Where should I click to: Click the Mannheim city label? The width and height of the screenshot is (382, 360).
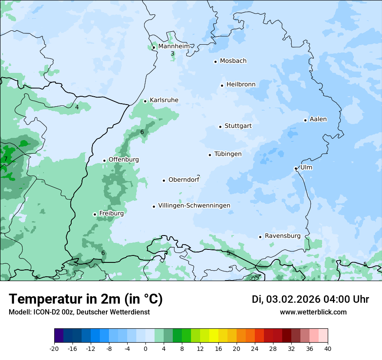pos(174,46)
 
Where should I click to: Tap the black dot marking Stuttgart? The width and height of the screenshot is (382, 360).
pos(220,127)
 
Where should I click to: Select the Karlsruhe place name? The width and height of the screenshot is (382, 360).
pos(164,100)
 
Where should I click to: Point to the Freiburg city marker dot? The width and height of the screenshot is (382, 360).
pos(95,214)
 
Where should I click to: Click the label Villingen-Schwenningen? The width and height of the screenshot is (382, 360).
pos(194,206)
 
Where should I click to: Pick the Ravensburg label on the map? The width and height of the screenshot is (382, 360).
pos(283,236)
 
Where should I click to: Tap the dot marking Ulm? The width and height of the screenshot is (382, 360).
pos(296,168)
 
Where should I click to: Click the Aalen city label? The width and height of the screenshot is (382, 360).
pos(318,119)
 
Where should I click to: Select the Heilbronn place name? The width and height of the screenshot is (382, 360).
pos(241,85)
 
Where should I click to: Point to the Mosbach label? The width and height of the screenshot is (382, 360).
pos(233,61)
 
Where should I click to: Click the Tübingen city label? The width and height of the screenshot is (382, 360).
pos(228,154)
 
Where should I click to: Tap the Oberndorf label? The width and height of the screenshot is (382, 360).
pos(184,180)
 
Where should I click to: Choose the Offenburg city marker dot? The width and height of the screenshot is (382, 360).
pos(104,160)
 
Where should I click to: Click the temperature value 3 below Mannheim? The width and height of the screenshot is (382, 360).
pos(172,54)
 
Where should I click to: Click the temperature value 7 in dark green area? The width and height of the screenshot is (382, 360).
pos(6,159)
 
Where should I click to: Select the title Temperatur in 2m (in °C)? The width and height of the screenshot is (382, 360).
pos(86,299)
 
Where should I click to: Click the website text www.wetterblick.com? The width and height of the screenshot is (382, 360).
pos(313,312)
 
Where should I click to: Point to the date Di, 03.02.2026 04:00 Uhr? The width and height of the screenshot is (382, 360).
pos(310,299)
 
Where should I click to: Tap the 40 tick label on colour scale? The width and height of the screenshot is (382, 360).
pos(328,348)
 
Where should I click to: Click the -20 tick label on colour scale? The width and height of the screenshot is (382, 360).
pos(54,348)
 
